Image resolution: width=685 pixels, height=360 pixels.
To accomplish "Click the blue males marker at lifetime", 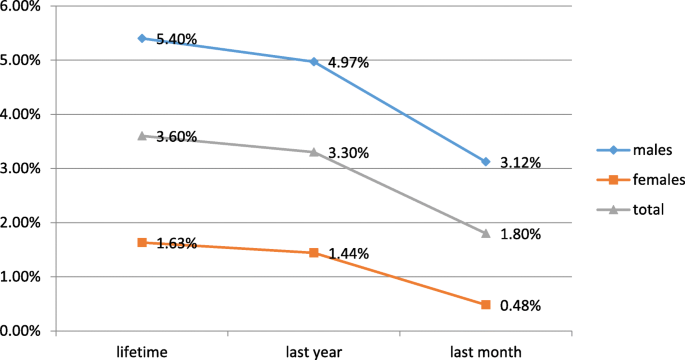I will [142, 38].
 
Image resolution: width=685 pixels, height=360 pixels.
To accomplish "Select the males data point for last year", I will [314, 62].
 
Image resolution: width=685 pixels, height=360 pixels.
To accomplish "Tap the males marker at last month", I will [486, 161].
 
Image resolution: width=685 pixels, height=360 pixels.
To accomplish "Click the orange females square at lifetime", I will [142, 242].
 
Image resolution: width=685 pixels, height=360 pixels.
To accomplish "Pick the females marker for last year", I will [314, 253].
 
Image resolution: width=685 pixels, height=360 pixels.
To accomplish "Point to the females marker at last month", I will [486, 304].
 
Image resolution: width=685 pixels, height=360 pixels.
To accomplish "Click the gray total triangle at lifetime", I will [142, 135].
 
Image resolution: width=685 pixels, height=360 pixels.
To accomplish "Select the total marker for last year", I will [314, 152].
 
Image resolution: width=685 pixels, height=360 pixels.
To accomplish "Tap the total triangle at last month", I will [486, 233].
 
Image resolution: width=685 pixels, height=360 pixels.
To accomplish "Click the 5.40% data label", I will [177, 40].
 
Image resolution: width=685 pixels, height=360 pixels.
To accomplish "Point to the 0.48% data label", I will [521, 306].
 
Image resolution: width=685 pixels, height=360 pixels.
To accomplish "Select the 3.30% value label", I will [349, 154].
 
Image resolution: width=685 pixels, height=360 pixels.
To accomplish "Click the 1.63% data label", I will [177, 244].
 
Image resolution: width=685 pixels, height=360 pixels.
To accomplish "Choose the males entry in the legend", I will [636, 150].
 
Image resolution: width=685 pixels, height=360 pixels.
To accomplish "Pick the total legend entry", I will [634, 210].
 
